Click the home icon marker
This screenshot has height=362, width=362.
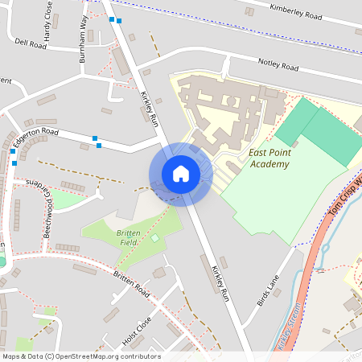[181, 174]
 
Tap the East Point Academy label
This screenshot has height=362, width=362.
[269, 158]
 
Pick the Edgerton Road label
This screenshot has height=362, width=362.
[37, 138]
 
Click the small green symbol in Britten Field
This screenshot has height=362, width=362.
[154, 238]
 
